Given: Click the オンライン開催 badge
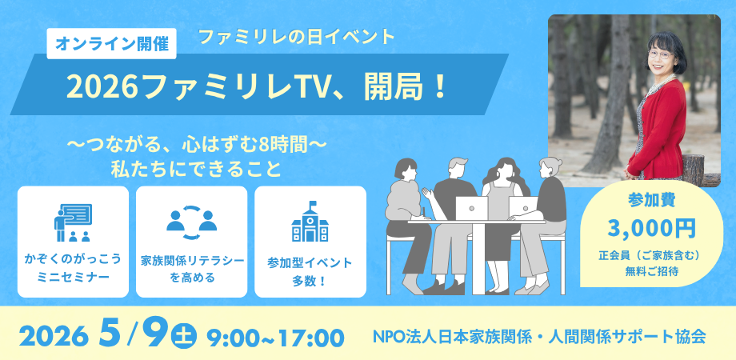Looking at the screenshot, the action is pyautogui.click(x=112, y=44).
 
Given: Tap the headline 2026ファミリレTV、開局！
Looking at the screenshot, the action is pyautogui.click(x=257, y=87).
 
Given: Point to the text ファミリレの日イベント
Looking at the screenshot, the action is pyautogui.click(x=296, y=37).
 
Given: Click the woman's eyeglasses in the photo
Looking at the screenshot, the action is pyautogui.click(x=661, y=54).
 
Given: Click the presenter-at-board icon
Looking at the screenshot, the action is pyautogui.click(x=73, y=222).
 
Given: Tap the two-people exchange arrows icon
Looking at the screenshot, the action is pyautogui.click(x=191, y=222).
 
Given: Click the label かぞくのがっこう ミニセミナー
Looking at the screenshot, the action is pyautogui.click(x=73, y=268).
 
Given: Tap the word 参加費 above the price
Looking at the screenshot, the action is pyautogui.click(x=651, y=200).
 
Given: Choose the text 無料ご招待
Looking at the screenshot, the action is pyautogui.click(x=651, y=271).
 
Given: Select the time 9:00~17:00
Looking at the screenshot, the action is pyautogui.click(x=275, y=338).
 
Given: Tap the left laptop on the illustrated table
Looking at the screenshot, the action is pyautogui.click(x=471, y=208).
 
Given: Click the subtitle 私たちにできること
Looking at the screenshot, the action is pyautogui.click(x=196, y=169).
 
